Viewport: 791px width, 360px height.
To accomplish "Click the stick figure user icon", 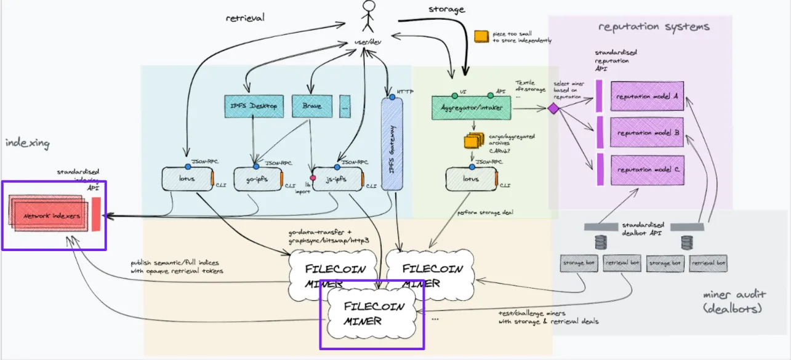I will coord(368,16).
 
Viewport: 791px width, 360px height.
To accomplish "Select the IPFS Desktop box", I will coord(254,106).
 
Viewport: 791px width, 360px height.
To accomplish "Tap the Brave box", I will coord(311,106).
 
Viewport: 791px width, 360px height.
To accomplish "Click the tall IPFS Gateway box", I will coord(391,142).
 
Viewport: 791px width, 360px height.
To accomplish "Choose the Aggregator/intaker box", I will coord(472,106).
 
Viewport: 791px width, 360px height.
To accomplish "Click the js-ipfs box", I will coord(337,178).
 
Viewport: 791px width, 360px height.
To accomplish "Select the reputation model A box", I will coord(646,97).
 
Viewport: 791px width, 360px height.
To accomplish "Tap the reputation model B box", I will coord(646,133).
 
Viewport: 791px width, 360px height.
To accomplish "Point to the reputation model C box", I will coord(646,169).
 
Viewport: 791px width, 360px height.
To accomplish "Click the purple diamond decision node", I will coord(553,108).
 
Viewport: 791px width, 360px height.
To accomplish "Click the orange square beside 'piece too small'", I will coord(481,36).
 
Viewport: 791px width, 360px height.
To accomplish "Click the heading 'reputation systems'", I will coord(654,26).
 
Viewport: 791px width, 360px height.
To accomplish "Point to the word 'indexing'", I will coord(27,143).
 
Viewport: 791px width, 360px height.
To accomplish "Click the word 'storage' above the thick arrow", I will coord(446,9).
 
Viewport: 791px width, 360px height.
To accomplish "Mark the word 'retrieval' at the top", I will coord(245,18).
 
